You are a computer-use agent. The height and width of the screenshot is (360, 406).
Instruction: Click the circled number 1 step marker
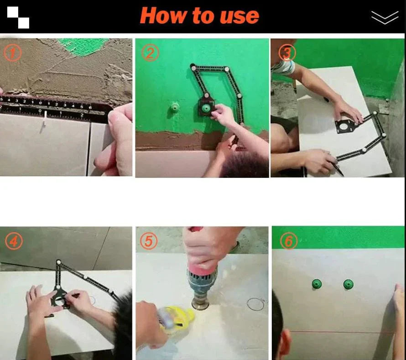12,53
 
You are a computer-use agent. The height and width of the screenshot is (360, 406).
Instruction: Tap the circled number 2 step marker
150,53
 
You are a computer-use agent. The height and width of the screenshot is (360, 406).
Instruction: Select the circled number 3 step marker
287,52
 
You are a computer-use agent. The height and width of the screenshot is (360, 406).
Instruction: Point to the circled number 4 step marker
14,241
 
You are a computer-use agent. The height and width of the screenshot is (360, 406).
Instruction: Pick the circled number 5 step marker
149,240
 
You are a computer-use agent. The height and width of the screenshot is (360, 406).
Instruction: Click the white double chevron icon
385,17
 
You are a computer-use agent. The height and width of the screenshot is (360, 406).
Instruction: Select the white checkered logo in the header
18,17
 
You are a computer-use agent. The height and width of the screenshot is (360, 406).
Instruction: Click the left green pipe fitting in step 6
317,284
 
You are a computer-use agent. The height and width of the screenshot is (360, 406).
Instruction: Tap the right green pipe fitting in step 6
348,284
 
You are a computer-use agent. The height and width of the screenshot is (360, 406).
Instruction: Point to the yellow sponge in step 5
179,316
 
